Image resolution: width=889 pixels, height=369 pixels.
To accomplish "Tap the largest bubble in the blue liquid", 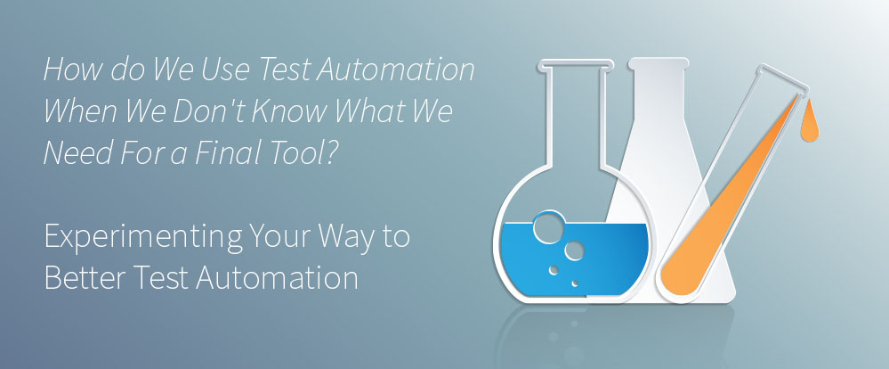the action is pyautogui.click(x=549, y=227).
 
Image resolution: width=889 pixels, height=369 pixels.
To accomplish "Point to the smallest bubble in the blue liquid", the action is pyautogui.click(x=575, y=283).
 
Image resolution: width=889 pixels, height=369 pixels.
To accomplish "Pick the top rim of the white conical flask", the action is pyautogui.click(x=659, y=61).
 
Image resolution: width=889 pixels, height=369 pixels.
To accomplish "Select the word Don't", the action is pyautogui.click(x=210, y=111).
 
